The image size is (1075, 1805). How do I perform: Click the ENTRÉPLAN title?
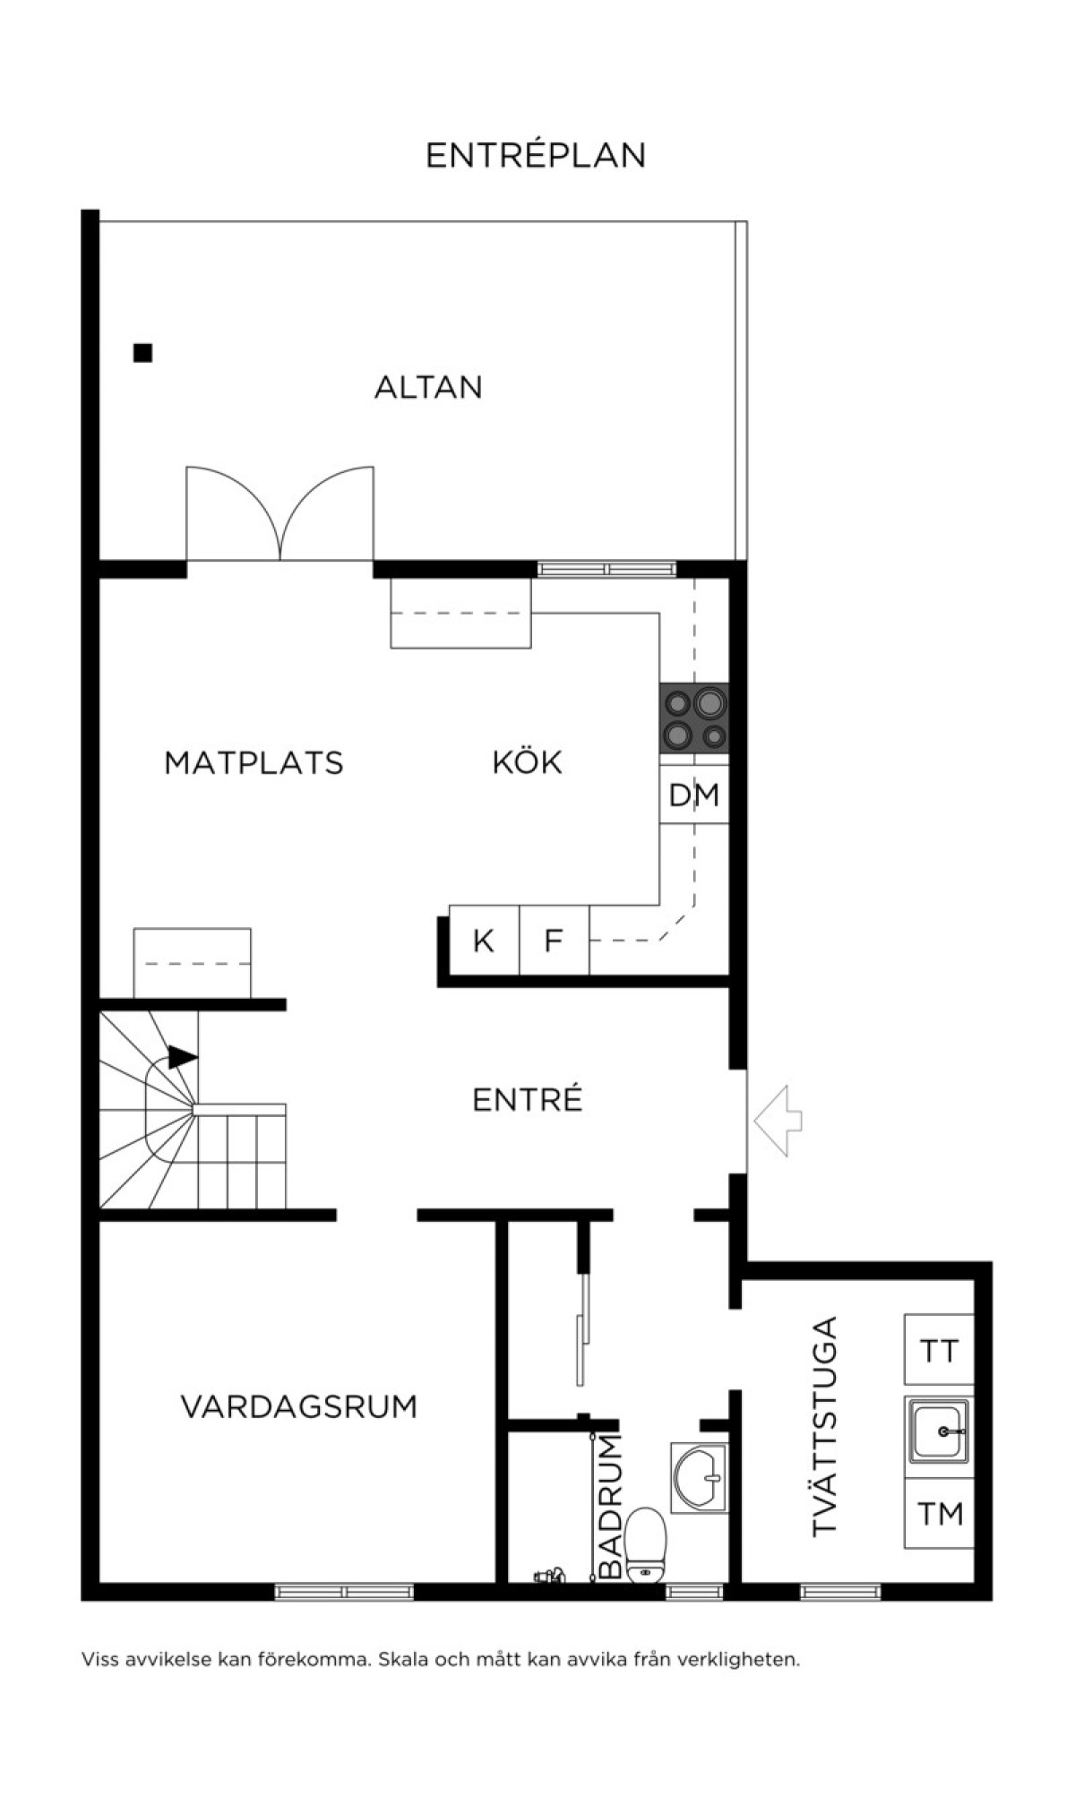[x=536, y=155]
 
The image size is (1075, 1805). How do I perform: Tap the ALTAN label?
[x=428, y=387]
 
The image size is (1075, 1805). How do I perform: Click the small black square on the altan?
[x=142, y=353]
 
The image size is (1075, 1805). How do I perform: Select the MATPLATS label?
[x=254, y=762]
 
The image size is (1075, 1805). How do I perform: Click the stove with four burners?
[x=694, y=718]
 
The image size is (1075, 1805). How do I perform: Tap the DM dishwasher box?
[x=694, y=795]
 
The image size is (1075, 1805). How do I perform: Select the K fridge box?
[x=484, y=941]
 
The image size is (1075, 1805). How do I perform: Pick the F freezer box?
[x=555, y=941]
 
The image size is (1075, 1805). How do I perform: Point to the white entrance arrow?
[x=778, y=1120]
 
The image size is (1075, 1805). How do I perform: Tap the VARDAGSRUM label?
[x=299, y=1406]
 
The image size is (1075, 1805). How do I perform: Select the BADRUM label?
[x=609, y=1506]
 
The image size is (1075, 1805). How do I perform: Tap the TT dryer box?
[x=939, y=1349]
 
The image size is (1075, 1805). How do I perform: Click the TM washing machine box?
[x=939, y=1513]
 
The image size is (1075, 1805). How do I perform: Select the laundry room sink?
[x=939, y=1431]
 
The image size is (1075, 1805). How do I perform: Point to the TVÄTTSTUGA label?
[x=823, y=1426]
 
